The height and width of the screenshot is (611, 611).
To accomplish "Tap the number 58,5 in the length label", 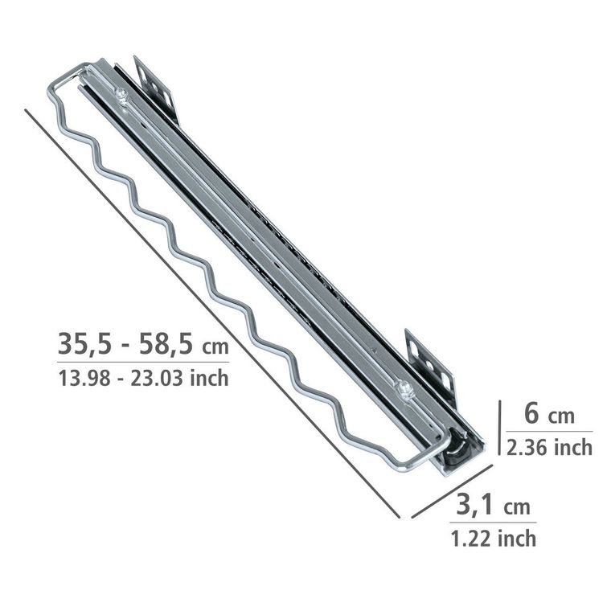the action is pos(166,344).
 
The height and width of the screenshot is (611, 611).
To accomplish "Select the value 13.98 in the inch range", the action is pos(84,379).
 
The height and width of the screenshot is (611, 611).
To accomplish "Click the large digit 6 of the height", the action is pos(532,413).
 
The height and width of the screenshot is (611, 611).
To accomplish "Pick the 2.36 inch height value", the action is pos(549,447).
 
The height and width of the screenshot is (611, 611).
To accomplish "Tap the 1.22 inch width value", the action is pos(494,539).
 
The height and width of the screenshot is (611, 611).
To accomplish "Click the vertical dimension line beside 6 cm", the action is pos(499,428).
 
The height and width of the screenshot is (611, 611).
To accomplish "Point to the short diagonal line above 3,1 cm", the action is pos(452,491).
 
